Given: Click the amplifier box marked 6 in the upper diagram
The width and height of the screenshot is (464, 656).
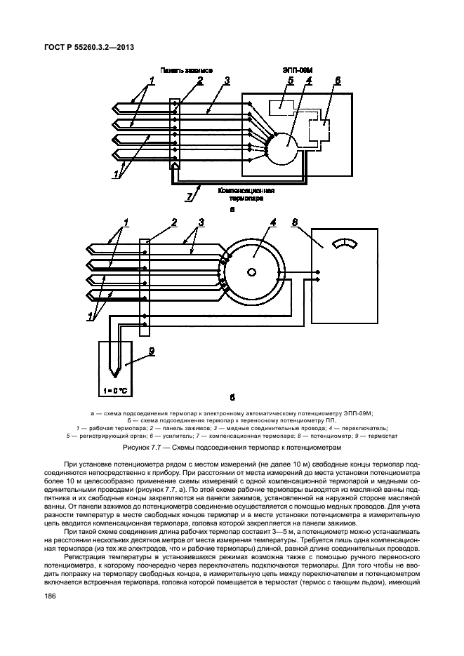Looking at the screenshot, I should (x=324, y=129).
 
